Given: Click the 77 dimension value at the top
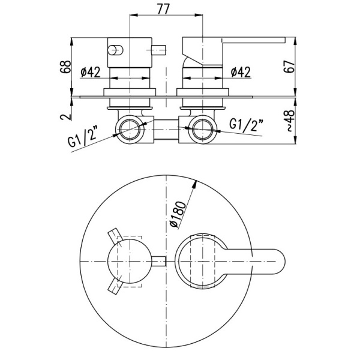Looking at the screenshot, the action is pos(163,9).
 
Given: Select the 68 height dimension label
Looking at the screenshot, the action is pos(65,67).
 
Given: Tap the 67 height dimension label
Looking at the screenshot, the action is pos(289,67).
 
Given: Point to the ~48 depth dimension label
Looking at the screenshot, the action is pos(290,121).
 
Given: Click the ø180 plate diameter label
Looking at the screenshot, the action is pos(178,214).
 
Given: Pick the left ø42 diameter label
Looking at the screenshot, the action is pos(91,72).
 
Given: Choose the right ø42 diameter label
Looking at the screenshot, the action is pos(241,72).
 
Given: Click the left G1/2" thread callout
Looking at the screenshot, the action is pos(82,138).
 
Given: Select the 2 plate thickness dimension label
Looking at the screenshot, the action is pos(65,117).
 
